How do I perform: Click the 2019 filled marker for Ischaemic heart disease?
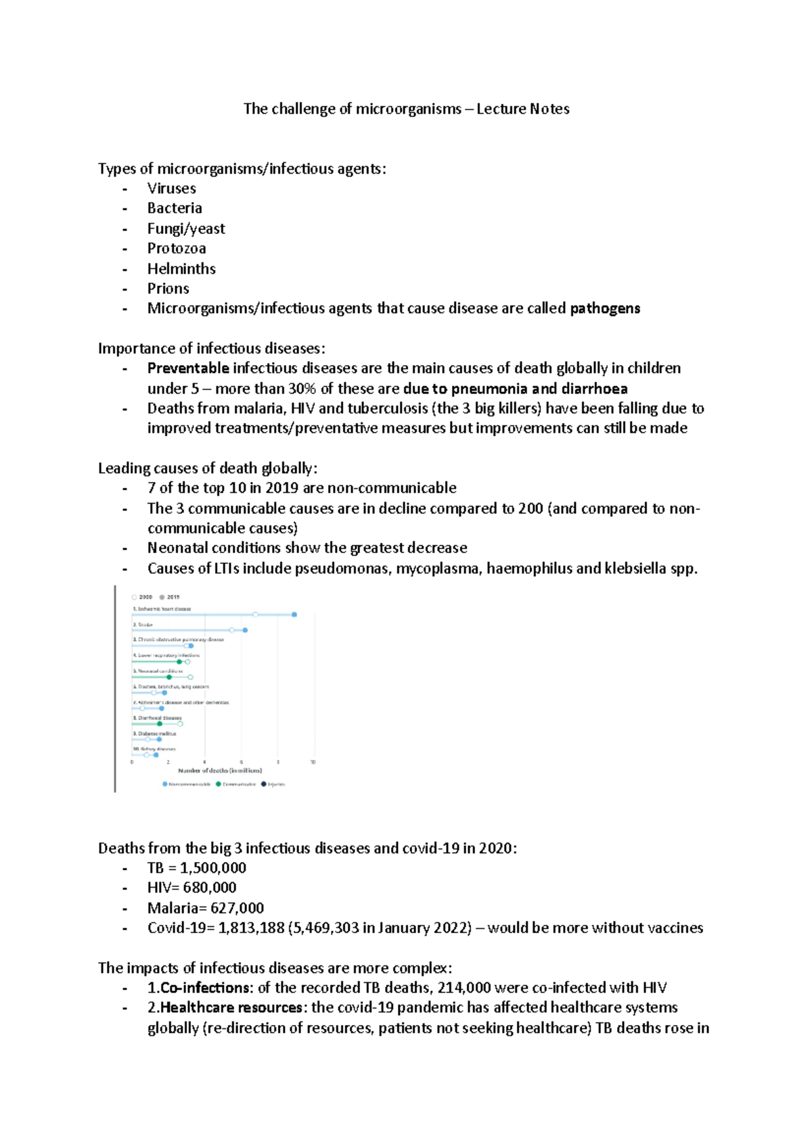294,615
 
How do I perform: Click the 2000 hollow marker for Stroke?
232,630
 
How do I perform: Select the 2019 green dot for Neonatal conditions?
169,677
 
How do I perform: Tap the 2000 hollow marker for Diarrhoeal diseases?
180,723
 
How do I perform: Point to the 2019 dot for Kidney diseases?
156,755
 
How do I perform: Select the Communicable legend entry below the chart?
236,784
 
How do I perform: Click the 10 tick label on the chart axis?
313,762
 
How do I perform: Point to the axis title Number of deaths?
219,771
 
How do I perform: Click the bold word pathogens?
604,308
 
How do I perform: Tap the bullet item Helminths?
181,268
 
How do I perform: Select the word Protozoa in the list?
177,248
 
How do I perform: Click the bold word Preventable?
188,368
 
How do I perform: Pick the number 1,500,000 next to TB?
213,867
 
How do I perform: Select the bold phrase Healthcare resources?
231,1007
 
